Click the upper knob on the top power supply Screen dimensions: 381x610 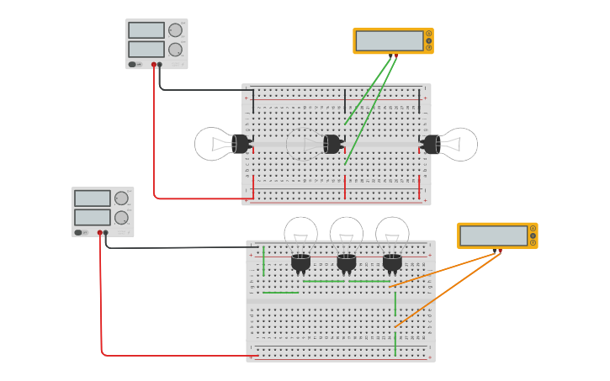175,30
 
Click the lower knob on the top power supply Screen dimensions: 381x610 175,50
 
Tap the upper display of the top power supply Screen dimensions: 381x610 146,30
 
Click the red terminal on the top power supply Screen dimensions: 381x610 154,64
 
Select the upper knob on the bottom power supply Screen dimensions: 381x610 121,198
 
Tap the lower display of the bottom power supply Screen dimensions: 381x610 93,217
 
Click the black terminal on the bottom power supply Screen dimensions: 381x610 105,232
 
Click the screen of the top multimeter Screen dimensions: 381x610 390,40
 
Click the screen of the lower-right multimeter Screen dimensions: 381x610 494,235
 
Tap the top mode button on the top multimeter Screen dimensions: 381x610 428,34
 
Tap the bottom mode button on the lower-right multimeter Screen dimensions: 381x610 533,243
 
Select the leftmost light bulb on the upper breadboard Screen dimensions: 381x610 217,144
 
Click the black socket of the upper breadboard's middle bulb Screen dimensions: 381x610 332,144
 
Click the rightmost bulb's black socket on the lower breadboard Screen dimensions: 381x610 392,263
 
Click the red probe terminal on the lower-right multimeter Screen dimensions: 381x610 500,250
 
